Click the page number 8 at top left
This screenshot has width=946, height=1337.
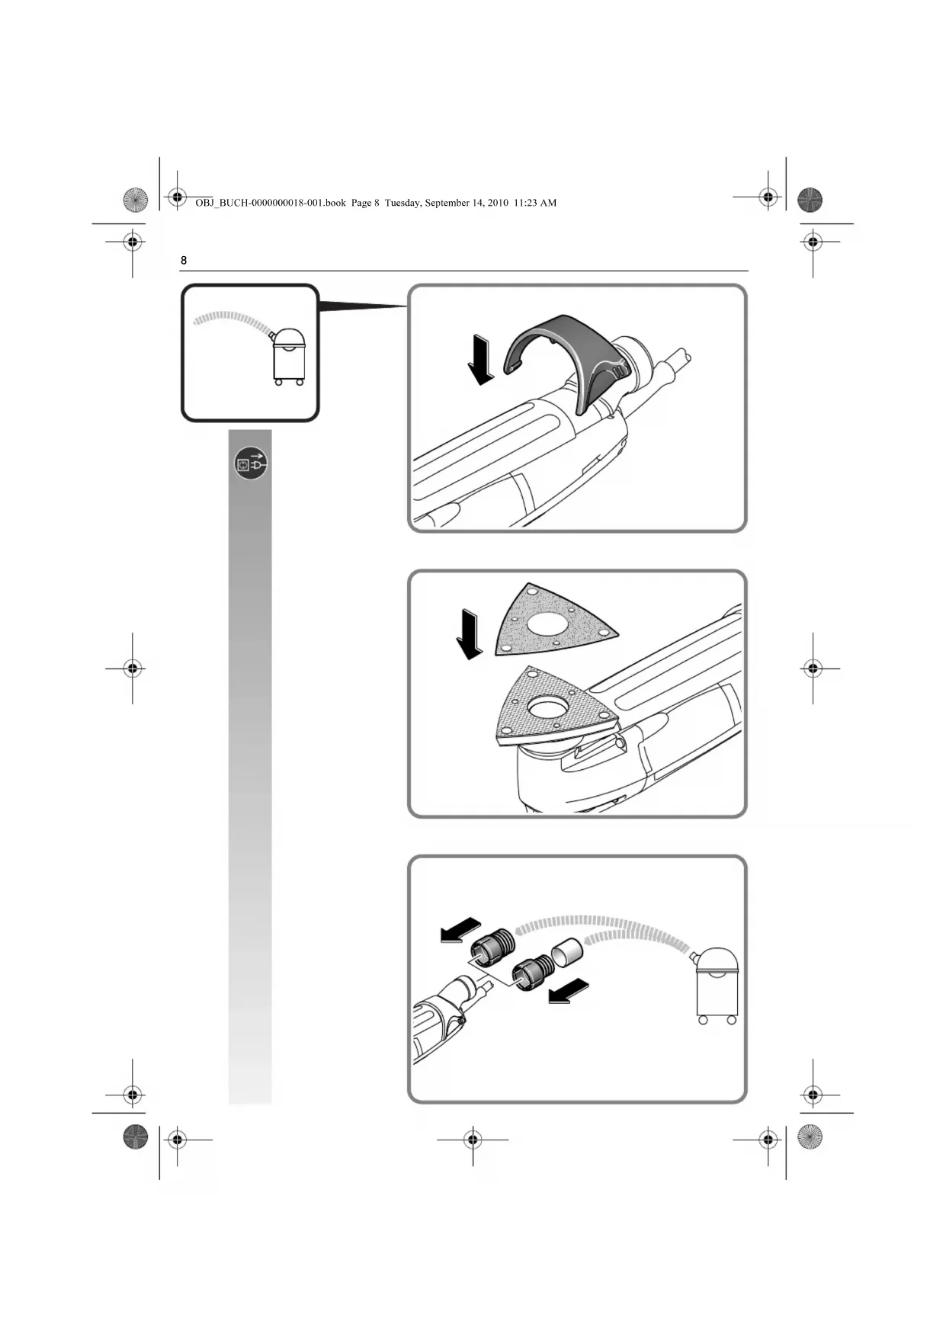pos(184,261)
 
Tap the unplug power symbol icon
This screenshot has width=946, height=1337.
pos(251,463)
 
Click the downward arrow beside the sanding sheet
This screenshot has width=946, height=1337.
pos(469,634)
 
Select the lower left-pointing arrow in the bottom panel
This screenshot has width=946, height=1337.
pos(569,991)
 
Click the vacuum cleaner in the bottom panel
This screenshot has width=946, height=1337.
pos(717,983)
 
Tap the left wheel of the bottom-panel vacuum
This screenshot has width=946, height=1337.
pos(703,1020)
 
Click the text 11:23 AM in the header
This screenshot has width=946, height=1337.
pos(535,203)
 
